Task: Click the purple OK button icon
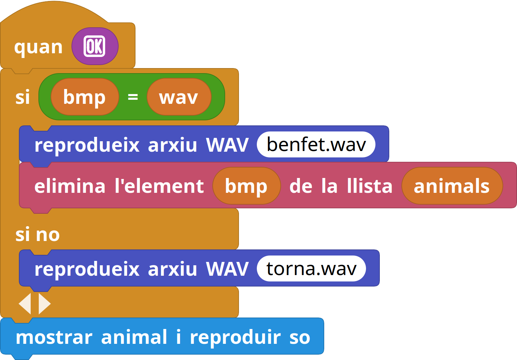(95, 46)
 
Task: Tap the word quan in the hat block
(38, 47)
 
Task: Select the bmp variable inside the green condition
(85, 97)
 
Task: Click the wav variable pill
(179, 97)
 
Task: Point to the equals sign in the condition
(133, 97)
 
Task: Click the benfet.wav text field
(316, 145)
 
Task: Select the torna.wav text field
(311, 268)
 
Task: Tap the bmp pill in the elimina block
(246, 186)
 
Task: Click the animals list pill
(452, 186)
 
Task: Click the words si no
(38, 235)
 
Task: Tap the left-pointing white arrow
(25, 304)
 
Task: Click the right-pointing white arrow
(44, 304)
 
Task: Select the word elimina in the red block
(70, 186)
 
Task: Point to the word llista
(370, 186)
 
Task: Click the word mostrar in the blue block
(54, 337)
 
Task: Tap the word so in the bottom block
(300, 338)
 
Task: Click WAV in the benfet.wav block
(227, 145)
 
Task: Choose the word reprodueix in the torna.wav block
(87, 269)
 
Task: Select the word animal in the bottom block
(134, 337)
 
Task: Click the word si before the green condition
(23, 97)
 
